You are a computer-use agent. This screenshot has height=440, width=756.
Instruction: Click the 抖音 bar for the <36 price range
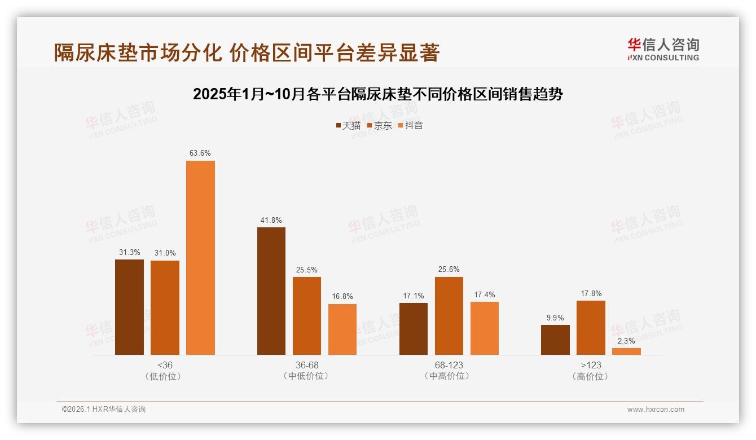pyautogui.click(x=200, y=257)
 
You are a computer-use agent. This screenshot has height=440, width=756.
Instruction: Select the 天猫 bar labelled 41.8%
pyautogui.click(x=271, y=291)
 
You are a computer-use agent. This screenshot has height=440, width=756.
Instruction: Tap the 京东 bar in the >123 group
pyautogui.click(x=591, y=327)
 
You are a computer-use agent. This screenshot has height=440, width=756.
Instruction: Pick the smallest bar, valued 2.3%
pyautogui.click(x=626, y=351)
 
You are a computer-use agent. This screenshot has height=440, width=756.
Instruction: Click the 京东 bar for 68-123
pyautogui.click(x=449, y=315)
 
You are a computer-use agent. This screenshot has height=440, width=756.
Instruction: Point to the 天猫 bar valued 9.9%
pyautogui.click(x=555, y=340)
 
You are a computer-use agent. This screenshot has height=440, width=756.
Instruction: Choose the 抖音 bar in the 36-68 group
pyautogui.click(x=342, y=329)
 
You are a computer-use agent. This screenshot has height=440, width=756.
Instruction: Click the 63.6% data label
pyautogui.click(x=200, y=153)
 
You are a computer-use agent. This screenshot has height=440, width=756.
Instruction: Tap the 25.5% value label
pyautogui.click(x=307, y=270)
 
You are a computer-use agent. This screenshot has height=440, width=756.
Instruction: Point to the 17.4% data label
pyautogui.click(x=485, y=294)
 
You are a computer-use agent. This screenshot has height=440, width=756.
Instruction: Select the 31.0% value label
pyautogui.click(x=165, y=253)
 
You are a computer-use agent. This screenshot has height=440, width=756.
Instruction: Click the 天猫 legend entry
pyautogui.click(x=348, y=125)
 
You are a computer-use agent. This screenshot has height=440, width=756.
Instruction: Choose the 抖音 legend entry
pyautogui.click(x=411, y=125)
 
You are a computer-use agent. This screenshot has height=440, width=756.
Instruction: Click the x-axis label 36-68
pyautogui.click(x=307, y=365)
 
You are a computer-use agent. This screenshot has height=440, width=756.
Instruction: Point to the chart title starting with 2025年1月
pyautogui.click(x=378, y=94)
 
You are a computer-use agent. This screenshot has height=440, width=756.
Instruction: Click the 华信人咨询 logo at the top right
pyautogui.click(x=663, y=49)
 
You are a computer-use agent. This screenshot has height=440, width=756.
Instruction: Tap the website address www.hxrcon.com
pyautogui.click(x=656, y=410)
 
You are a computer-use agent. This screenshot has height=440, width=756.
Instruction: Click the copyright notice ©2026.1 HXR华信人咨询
pyautogui.click(x=104, y=410)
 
